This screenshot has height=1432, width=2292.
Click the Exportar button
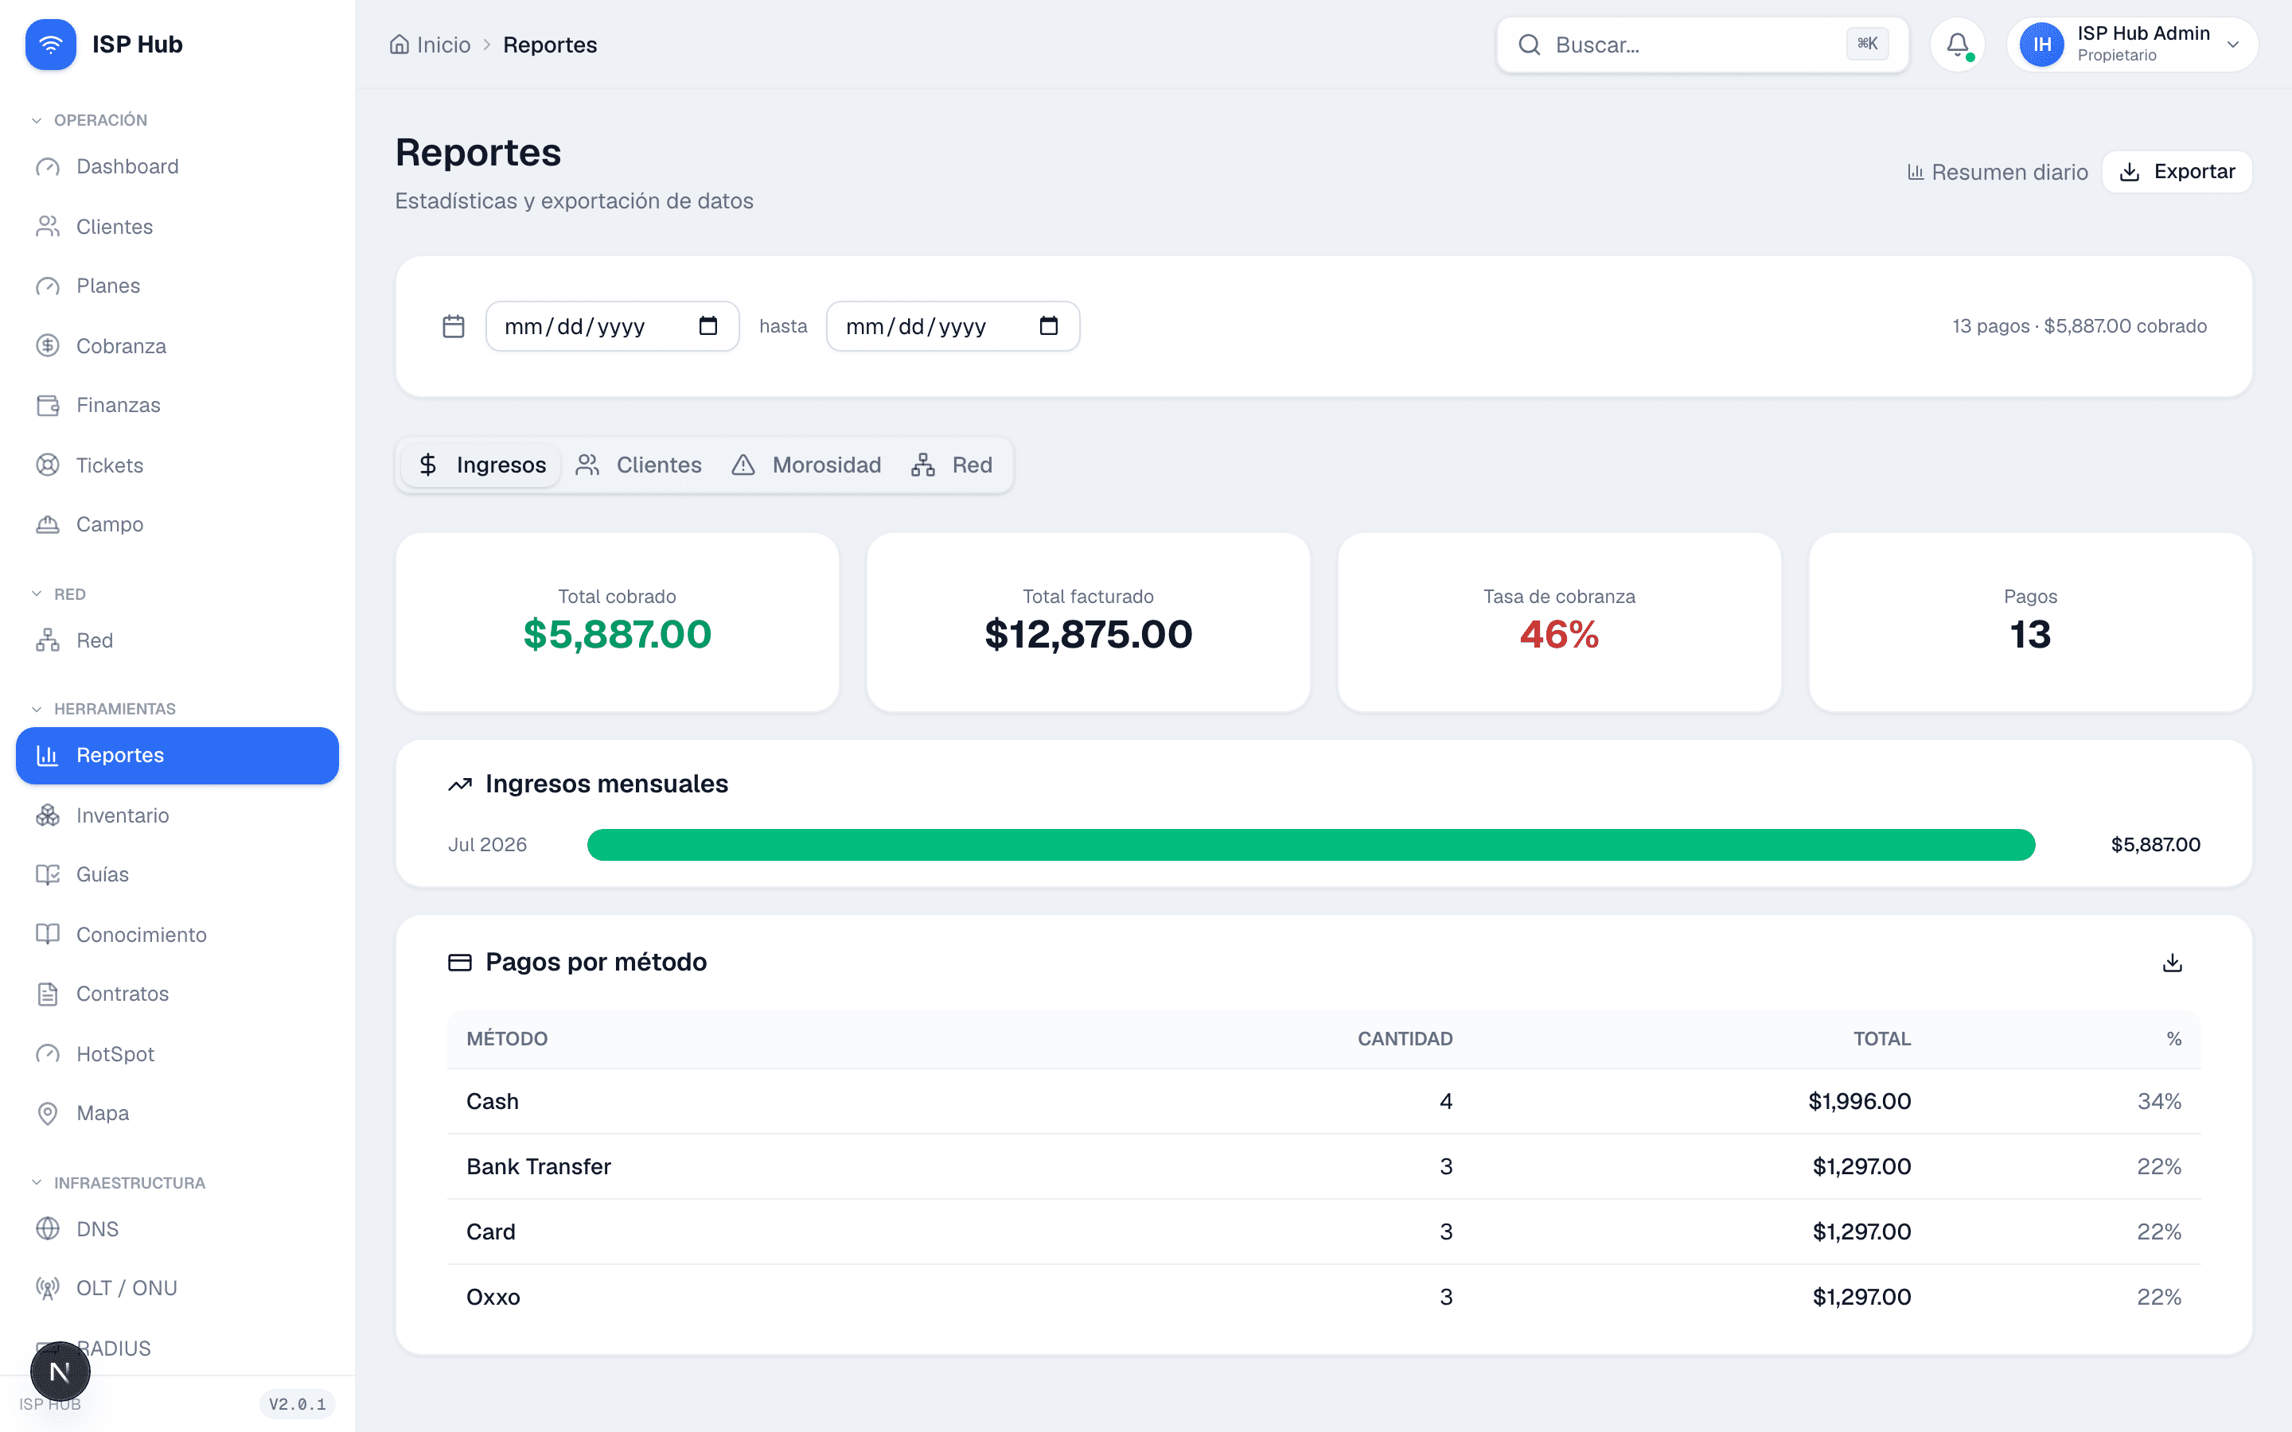point(2177,171)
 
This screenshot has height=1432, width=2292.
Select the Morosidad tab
point(807,465)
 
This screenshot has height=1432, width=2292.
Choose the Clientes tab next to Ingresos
point(639,465)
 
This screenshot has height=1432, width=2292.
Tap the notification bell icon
point(1958,45)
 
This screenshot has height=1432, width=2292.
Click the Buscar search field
point(1702,45)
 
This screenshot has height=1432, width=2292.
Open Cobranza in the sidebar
point(121,346)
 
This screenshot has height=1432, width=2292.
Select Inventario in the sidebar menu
point(123,815)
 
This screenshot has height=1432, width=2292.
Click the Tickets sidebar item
point(110,465)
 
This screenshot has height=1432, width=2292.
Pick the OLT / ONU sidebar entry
point(127,1288)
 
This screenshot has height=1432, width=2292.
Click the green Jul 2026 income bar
point(1311,845)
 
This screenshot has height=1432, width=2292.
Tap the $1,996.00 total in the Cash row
point(1859,1102)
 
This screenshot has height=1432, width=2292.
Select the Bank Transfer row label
point(538,1167)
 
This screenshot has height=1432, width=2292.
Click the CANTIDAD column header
point(1405,1039)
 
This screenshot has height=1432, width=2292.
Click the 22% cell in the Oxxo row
point(2158,1298)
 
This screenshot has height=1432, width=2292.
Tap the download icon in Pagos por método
point(2173,963)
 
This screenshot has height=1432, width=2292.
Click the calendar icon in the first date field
point(707,326)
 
